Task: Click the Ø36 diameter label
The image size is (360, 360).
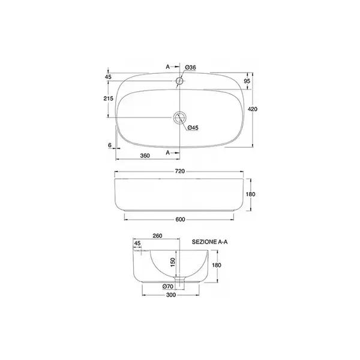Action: [190, 67]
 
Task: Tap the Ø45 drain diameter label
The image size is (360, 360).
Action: [193, 128]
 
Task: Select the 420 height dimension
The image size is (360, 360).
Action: [253, 109]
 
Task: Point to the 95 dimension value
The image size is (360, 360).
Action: [247, 81]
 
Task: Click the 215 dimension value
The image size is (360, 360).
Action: [109, 98]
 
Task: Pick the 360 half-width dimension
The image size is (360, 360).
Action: [145, 155]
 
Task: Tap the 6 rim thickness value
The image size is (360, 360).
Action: [110, 145]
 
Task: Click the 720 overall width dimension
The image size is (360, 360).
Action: [180, 171]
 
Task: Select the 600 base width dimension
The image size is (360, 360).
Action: [180, 220]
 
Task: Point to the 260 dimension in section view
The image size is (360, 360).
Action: [157, 236]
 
